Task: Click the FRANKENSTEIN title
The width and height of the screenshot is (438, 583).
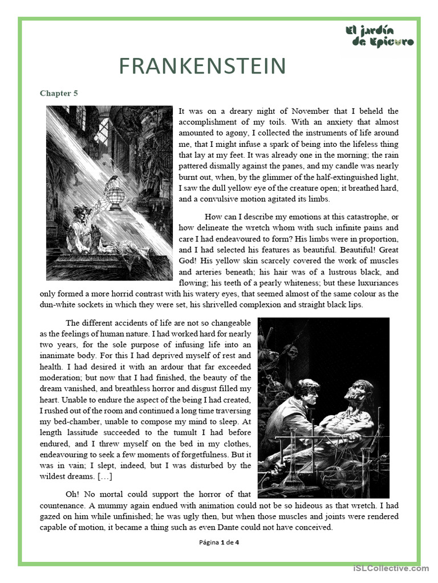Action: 202,67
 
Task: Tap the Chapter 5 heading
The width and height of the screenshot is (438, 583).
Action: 59,93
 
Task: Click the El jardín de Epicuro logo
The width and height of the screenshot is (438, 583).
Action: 379,36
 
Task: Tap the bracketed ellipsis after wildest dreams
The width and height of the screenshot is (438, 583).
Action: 105,476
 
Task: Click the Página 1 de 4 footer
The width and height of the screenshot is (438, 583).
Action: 219,543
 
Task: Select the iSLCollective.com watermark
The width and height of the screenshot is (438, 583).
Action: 391,568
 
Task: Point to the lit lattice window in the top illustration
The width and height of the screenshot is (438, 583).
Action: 103,131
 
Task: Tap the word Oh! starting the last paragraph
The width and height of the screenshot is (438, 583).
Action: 74,494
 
